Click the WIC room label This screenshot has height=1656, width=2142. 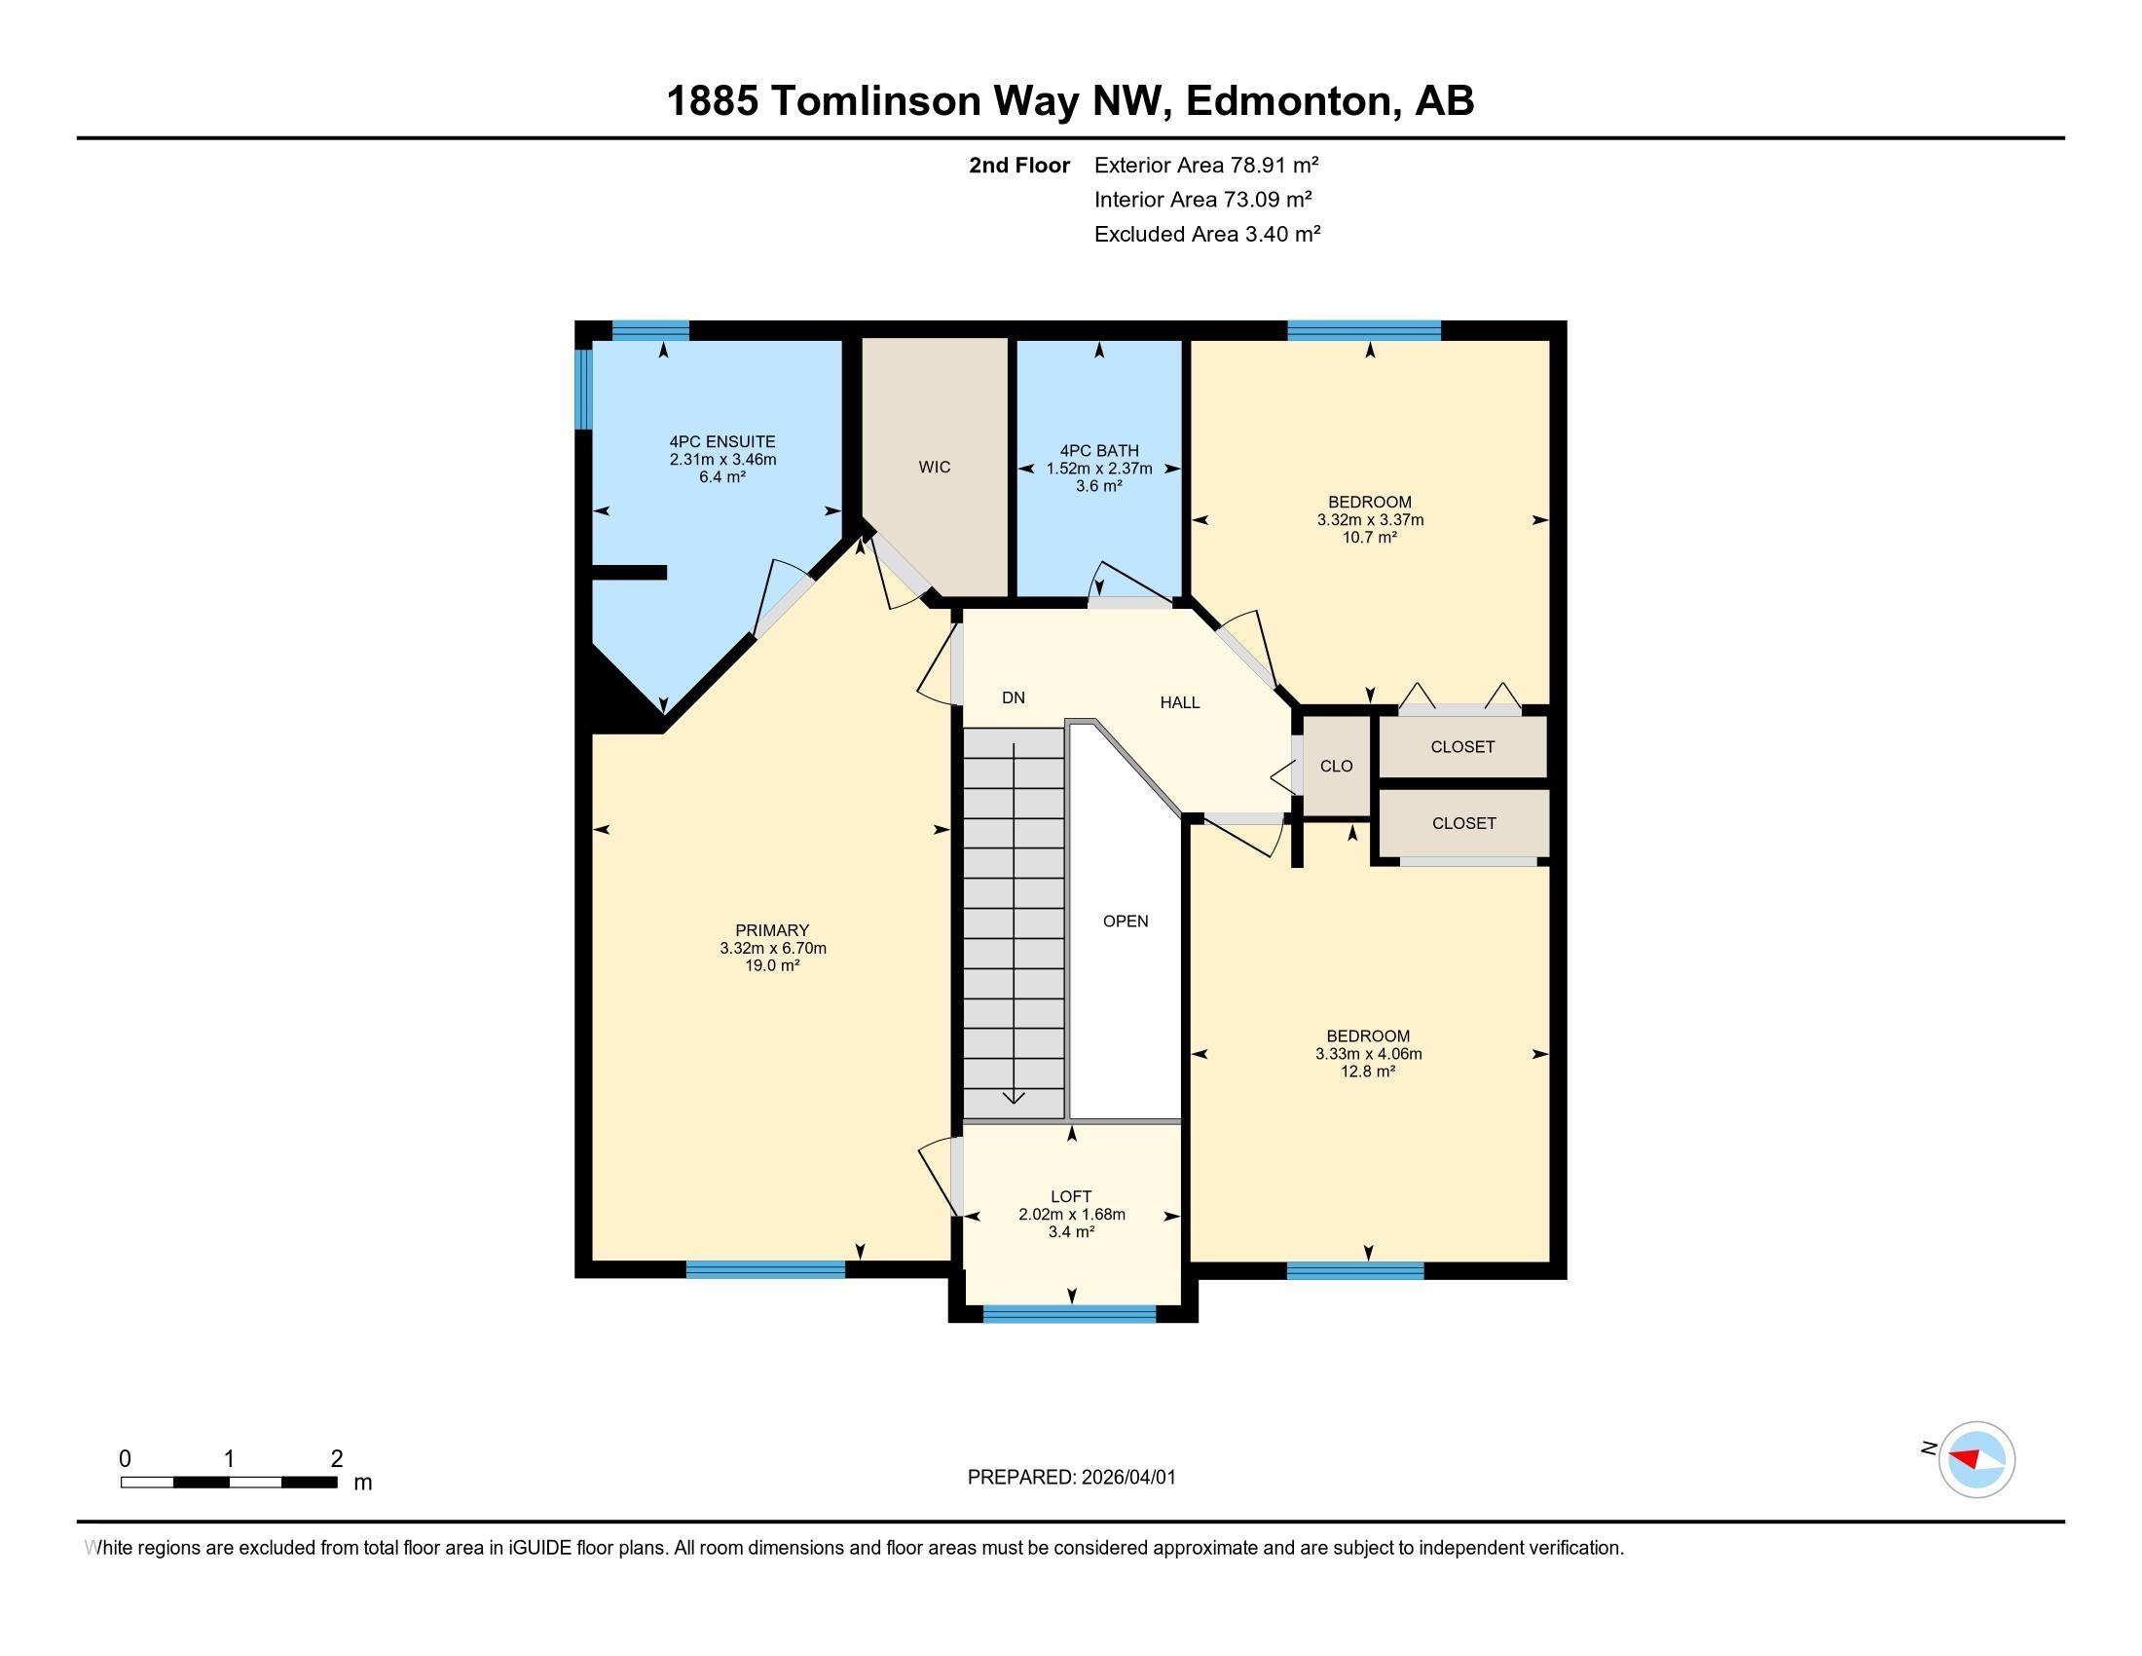(934, 467)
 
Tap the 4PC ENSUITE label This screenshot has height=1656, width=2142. (721, 441)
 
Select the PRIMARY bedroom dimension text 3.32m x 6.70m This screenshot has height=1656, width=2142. (773, 948)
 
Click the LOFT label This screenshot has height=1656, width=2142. (1071, 1196)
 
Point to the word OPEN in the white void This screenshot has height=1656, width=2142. (1125, 921)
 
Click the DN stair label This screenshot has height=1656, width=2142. (1014, 697)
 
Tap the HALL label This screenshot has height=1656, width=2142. (1179, 702)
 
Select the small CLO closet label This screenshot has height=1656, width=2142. (1336, 767)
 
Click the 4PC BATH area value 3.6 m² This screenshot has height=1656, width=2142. (1098, 486)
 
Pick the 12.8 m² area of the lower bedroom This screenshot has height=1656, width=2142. (1367, 1072)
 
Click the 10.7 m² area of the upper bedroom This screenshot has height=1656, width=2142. (1369, 537)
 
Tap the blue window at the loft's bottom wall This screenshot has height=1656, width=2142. (1069, 1314)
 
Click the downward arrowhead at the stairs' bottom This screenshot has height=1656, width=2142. (1014, 1098)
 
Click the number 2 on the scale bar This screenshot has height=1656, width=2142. (337, 1458)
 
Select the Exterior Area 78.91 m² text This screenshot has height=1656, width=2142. (1205, 165)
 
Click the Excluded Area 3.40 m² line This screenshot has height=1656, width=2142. (1206, 234)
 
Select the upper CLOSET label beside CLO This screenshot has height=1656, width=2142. (1462, 746)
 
